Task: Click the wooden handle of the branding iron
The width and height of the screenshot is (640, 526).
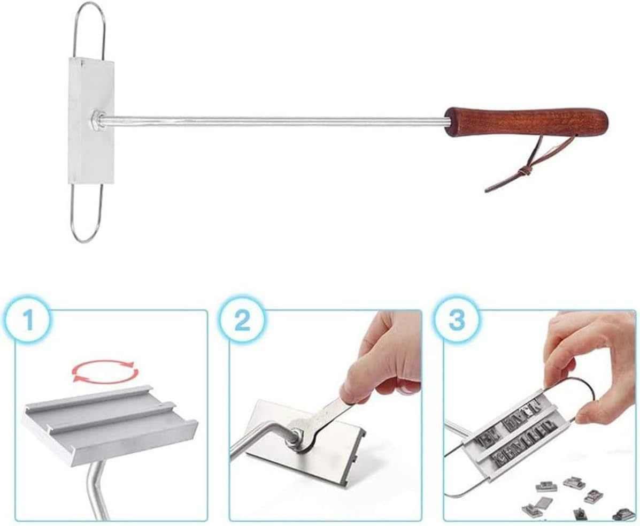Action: (x=527, y=122)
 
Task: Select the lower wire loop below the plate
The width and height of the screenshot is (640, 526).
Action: (x=86, y=214)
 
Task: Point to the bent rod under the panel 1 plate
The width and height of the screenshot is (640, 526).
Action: (x=96, y=487)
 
